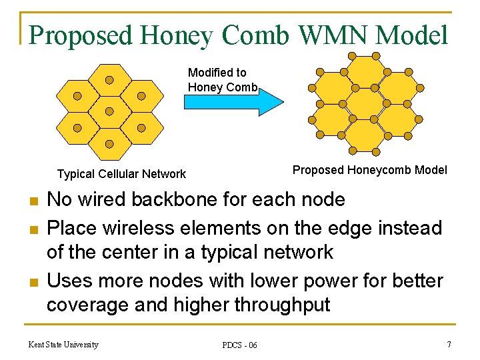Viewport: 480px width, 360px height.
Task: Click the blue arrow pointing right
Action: [x=233, y=102]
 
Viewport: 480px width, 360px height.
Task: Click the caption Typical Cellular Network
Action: [x=121, y=174]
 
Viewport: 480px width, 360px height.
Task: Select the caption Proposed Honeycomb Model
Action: [x=370, y=170]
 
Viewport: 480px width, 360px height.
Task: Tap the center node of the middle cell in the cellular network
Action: [x=109, y=111]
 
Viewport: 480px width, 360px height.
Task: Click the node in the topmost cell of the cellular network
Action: [x=109, y=80]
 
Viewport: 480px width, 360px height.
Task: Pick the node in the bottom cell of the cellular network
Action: [x=109, y=143]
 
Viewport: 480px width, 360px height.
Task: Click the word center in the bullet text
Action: [x=143, y=252]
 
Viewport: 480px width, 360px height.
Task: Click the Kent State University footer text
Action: [x=63, y=344]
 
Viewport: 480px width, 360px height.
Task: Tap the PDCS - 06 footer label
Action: [x=240, y=345]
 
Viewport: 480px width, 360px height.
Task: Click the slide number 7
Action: [x=449, y=344]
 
